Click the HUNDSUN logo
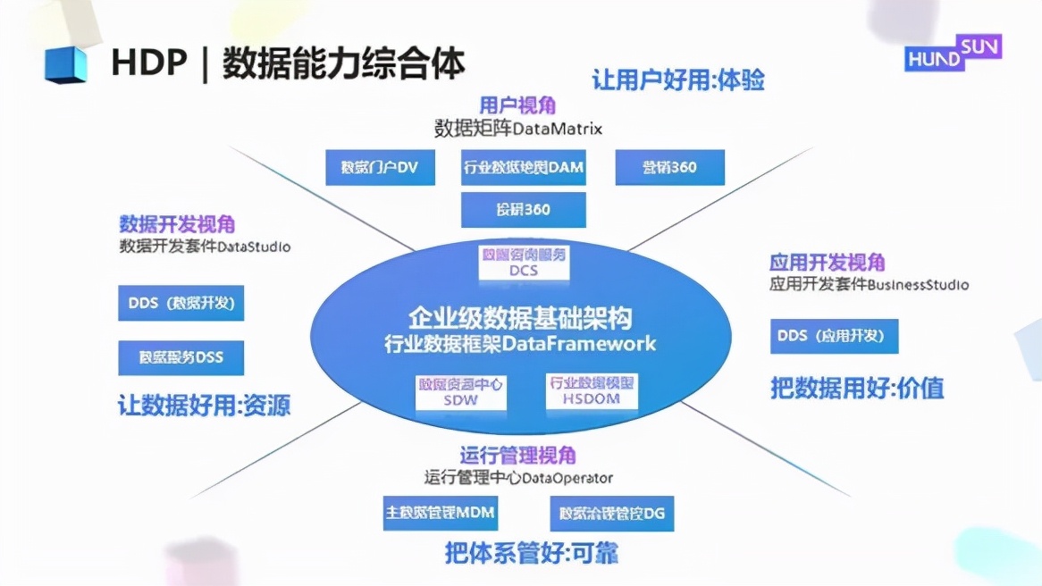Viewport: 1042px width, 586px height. tap(953, 53)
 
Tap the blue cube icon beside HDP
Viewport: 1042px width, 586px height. tap(66, 65)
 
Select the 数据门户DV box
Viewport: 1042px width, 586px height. tap(380, 167)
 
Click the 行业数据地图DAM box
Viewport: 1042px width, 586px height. tap(524, 167)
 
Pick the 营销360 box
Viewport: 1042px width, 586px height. tap(669, 167)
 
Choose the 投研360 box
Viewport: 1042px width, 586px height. tap(524, 210)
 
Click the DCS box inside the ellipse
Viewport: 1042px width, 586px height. tap(524, 262)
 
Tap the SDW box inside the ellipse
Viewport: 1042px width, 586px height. tap(461, 392)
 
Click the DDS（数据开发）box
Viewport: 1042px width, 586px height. tap(181, 303)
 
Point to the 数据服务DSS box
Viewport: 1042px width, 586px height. tap(181, 357)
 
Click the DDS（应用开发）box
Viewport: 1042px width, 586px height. tap(833, 336)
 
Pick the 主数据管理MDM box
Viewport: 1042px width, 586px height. tap(440, 514)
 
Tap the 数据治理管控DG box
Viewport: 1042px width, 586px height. tap(612, 514)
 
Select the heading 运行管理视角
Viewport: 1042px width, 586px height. tap(517, 456)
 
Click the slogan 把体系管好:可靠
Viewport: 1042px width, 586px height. tap(532, 553)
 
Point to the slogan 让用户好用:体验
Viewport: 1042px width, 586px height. tap(678, 80)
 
